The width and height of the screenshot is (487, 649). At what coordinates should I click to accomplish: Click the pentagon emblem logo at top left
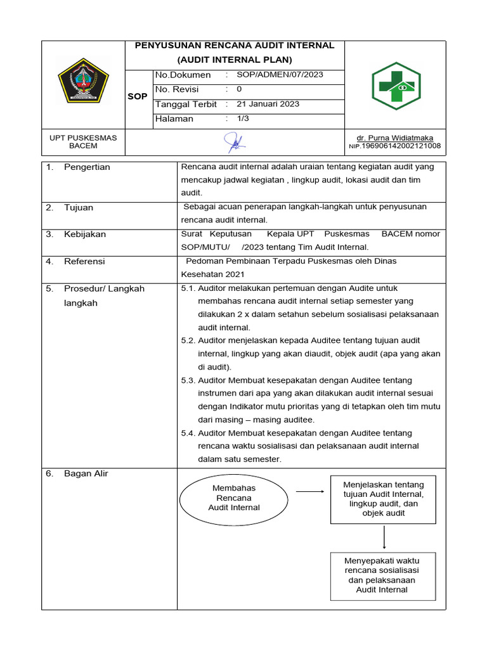coord(83,80)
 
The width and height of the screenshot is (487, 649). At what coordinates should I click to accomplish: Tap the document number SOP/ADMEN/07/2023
coord(280,75)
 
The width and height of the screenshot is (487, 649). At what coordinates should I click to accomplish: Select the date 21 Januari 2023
coord(268,104)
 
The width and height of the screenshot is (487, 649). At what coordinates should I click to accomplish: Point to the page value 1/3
coord(243,119)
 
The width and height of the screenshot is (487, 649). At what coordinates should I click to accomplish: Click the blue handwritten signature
coord(235,143)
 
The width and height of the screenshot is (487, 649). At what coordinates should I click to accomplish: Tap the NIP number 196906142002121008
coord(400,146)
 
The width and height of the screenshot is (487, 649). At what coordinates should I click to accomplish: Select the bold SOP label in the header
coord(138,97)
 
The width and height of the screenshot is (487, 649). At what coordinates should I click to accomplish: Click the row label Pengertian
coord(87,167)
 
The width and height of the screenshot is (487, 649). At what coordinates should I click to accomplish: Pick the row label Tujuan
coord(78,207)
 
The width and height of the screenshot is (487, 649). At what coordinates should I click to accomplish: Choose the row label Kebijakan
coord(84,234)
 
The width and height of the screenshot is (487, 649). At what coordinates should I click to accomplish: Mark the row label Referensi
coord(84,261)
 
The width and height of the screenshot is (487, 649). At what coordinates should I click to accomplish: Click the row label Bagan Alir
coord(86,473)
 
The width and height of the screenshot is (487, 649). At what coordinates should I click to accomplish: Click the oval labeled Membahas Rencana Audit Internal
coord(234,498)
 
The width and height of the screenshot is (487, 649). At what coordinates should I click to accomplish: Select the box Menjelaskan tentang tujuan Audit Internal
coord(383,499)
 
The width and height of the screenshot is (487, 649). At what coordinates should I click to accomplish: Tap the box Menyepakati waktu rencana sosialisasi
coord(382,575)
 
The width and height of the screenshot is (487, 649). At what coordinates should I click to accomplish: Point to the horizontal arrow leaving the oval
coord(309,491)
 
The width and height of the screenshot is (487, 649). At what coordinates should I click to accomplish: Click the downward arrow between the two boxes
coord(384,537)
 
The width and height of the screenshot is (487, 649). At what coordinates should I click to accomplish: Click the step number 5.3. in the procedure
coord(188,380)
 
